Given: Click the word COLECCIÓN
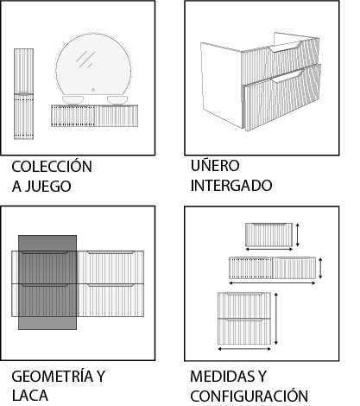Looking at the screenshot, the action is tap(52, 166).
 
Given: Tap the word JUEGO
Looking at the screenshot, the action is tap(47, 187).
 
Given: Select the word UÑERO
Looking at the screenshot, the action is tap(215, 165).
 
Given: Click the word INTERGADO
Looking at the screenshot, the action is tap(231, 186).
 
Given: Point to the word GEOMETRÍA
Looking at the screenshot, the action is tap(53, 376).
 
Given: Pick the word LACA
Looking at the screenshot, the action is tap(30, 396).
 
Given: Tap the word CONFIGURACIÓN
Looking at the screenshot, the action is tap(249, 396).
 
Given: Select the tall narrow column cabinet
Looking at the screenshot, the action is tap(24, 94).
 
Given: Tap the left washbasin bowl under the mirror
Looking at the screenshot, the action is tap(73, 100).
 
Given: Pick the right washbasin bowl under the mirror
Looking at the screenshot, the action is tap(117, 100).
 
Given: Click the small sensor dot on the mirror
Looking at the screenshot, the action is tap(93, 90).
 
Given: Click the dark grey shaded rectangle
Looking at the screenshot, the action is tap(47, 282).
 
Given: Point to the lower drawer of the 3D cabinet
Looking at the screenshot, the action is tap(282, 98).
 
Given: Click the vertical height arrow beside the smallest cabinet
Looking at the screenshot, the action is tap(298, 235).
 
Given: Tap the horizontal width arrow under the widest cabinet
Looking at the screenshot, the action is tap(272, 283).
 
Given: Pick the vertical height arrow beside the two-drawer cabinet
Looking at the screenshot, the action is tap(276, 319).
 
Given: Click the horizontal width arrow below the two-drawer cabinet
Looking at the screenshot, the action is tap(244, 349).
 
